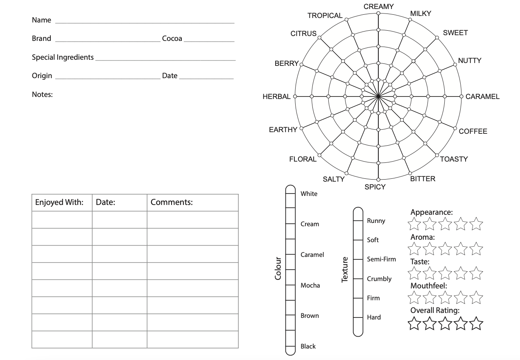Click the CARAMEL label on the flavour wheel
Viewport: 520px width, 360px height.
(482, 97)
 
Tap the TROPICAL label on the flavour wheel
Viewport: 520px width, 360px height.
(325, 16)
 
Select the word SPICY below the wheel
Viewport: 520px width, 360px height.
(375, 187)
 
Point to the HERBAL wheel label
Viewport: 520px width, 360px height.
(276, 97)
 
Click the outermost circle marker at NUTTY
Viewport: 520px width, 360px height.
(454, 64)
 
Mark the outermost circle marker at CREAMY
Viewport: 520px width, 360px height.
(378, 13)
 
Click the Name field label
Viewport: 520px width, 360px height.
(41, 20)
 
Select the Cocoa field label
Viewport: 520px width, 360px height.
(172, 39)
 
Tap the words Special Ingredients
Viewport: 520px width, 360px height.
(63, 57)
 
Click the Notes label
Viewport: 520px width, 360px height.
(42, 94)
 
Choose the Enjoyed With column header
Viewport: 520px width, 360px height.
(59, 202)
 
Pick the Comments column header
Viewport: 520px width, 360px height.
(172, 202)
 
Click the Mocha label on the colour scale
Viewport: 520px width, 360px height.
(310, 285)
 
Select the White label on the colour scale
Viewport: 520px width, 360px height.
(309, 193)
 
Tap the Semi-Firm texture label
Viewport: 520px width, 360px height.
(381, 259)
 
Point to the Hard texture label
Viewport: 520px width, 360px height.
(374, 317)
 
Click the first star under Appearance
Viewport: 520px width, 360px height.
(414, 224)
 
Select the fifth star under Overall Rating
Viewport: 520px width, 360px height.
(476, 324)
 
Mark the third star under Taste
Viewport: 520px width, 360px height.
(445, 273)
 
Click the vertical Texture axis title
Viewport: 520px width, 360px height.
(345, 269)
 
